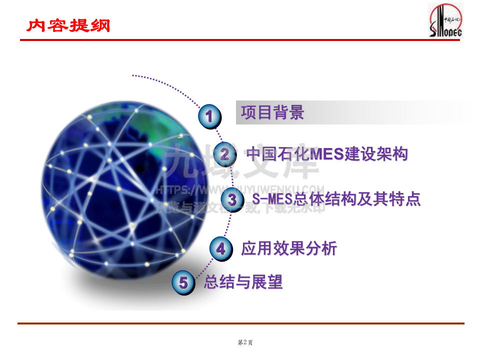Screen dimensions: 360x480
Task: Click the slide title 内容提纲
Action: (68, 25)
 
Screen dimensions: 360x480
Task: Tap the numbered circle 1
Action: (209, 116)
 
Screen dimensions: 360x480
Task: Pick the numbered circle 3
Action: (232, 199)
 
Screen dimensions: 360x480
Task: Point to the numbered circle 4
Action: (220, 248)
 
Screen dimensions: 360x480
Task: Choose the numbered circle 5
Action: (183, 283)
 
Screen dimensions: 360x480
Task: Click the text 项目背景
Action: (272, 112)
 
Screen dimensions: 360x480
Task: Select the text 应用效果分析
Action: (289, 248)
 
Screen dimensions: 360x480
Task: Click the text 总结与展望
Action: (243, 282)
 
